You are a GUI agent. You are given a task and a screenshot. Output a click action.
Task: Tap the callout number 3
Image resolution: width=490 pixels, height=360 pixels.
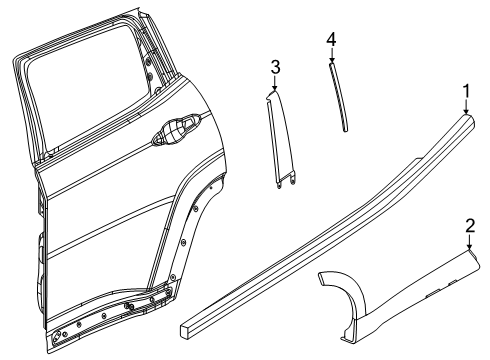pyautogui.click(x=275, y=68)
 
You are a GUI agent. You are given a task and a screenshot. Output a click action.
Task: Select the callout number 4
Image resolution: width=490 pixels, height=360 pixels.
pyautogui.click(x=331, y=39)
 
